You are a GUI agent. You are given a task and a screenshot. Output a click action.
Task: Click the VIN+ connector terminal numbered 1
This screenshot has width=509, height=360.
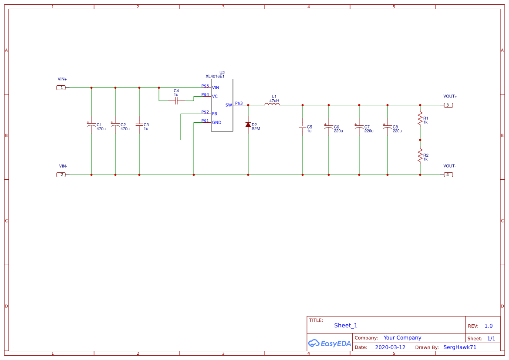[61, 87]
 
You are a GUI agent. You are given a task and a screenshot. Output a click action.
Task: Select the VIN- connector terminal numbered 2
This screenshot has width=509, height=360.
[61, 175]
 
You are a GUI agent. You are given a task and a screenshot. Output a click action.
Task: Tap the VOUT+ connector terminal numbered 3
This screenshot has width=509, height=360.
[448, 105]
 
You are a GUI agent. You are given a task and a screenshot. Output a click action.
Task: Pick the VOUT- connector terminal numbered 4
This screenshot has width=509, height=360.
[448, 175]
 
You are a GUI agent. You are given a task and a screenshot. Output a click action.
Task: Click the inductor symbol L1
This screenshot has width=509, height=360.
[272, 104]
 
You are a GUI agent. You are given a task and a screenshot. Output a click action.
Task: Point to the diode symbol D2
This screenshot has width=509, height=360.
[248, 125]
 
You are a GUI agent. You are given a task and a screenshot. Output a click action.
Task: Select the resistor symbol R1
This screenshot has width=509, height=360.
[420, 118]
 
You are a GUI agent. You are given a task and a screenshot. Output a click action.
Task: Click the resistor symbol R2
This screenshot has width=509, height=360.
[420, 155]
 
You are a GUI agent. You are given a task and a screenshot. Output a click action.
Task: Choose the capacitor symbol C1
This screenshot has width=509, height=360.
[91, 125]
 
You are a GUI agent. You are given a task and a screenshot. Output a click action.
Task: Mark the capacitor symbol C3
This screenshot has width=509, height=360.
[139, 125]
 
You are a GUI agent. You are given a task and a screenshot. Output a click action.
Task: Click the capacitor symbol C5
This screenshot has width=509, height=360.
[303, 127]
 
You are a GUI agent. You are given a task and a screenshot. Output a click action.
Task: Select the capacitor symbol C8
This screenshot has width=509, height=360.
[388, 127]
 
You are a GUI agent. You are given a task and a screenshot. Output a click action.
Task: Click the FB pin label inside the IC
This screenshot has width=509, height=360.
[215, 114]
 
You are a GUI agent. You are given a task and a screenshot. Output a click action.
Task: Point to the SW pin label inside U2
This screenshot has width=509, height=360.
[229, 105]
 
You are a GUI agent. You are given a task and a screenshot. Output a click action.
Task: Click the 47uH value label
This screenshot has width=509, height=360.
[274, 101]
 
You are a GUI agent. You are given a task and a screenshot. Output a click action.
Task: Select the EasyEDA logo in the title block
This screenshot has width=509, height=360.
[329, 343]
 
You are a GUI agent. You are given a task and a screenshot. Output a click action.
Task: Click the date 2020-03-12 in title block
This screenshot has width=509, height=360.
[390, 347]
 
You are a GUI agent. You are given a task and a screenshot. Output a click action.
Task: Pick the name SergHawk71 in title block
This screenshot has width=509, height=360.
[460, 347]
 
